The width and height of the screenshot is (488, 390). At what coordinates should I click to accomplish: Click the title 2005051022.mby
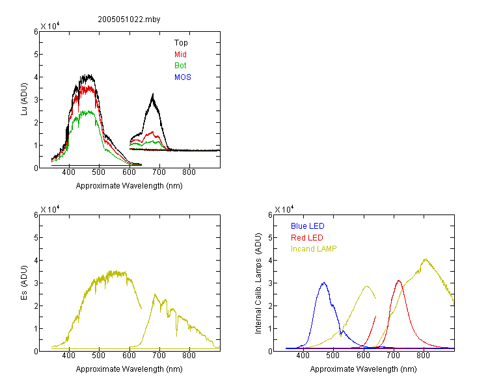[x=129, y=19]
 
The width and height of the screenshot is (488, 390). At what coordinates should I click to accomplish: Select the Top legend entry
[x=181, y=43]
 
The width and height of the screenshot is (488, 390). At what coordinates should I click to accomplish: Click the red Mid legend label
[x=180, y=55]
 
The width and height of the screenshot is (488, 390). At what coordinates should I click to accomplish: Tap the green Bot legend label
[x=180, y=66]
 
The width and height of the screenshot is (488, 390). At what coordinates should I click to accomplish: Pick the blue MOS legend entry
[x=182, y=77]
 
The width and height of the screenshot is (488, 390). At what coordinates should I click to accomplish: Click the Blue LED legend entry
[x=308, y=226]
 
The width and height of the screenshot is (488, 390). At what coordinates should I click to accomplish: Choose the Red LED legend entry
[x=307, y=238]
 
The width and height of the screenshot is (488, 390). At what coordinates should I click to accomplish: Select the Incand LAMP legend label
[x=314, y=249]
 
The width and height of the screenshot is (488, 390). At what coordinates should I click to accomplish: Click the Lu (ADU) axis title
[x=24, y=99]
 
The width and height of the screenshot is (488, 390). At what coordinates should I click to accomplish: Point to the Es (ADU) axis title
[x=24, y=283]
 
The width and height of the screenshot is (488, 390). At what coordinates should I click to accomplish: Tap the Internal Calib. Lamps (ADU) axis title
[x=258, y=283]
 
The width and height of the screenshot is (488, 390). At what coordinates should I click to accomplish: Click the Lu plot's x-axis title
[x=129, y=186]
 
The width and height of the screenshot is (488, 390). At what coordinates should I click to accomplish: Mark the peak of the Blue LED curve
[x=324, y=283]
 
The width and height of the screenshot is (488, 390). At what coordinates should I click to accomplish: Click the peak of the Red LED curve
[x=399, y=281]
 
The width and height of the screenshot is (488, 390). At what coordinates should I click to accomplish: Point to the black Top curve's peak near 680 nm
[x=153, y=94]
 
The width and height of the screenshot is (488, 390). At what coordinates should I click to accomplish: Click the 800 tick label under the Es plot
[x=189, y=356]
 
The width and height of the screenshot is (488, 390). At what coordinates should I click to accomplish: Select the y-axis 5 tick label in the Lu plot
[x=36, y=55]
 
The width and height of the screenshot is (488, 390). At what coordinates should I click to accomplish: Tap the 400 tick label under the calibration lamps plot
[x=303, y=356]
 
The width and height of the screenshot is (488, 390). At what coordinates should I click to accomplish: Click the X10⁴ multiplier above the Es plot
[x=50, y=209]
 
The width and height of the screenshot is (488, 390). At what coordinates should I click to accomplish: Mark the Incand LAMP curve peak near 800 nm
[x=426, y=259]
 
